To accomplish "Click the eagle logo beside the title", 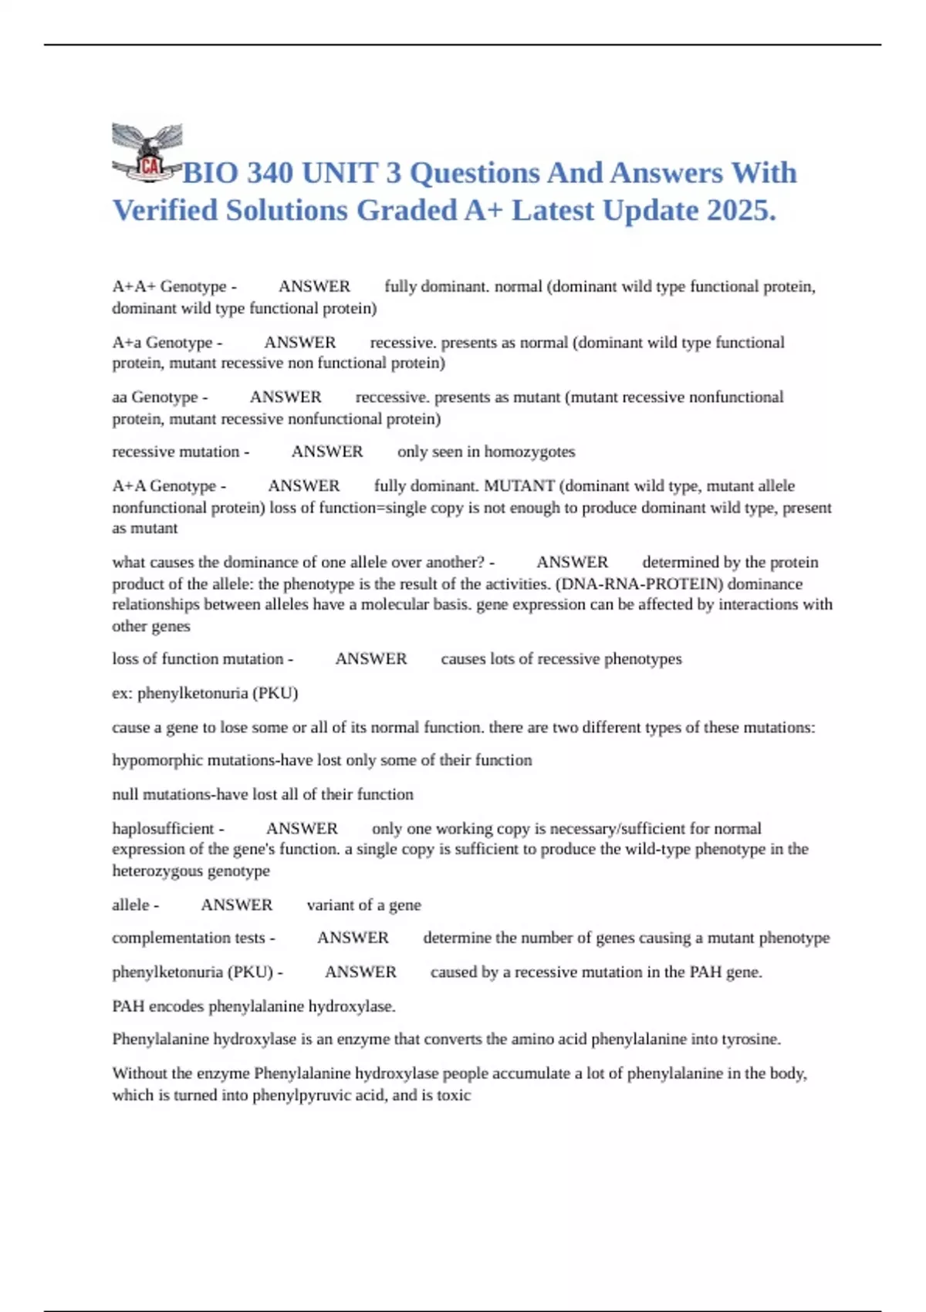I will coord(147,153).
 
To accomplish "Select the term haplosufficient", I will coord(163,828).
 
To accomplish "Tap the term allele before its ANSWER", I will coord(130,905).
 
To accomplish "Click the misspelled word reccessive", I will coord(391,397).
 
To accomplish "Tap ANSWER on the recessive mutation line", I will coord(327,451).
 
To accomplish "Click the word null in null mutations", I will coord(124,794).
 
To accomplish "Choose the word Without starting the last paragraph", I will coord(142,1073).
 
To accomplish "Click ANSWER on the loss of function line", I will coord(371,658).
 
